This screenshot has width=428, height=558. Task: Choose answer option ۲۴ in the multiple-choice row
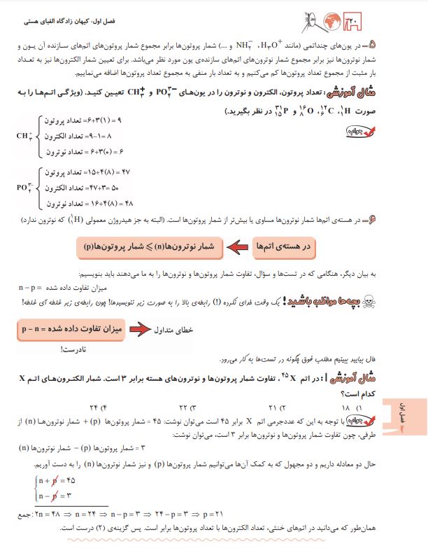[x=92, y=407]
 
